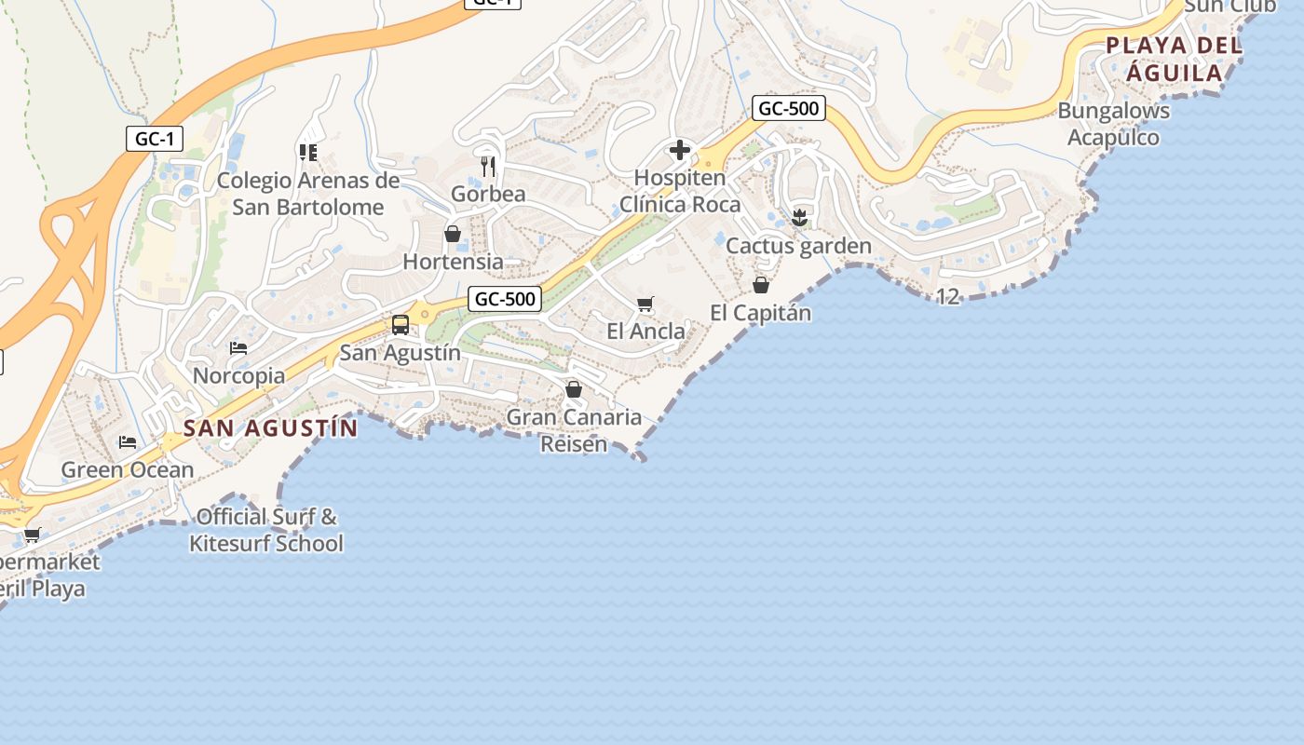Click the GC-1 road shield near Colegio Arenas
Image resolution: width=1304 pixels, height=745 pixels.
click(155, 140)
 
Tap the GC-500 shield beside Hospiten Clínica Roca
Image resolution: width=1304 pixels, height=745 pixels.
click(788, 108)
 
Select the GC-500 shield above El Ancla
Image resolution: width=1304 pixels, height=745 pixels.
click(504, 299)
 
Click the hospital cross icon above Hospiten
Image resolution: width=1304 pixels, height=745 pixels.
click(680, 150)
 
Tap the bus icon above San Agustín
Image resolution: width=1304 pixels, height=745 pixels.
click(401, 325)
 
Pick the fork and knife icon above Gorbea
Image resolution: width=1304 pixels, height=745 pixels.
click(488, 167)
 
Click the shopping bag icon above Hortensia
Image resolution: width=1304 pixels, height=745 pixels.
click(453, 234)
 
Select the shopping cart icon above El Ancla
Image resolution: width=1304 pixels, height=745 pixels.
click(645, 304)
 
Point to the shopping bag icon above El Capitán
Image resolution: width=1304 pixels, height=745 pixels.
click(761, 285)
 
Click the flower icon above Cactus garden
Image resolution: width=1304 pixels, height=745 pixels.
click(799, 219)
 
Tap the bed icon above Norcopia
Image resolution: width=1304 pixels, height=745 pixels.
click(238, 348)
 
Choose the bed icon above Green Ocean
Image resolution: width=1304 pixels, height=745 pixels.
click(128, 441)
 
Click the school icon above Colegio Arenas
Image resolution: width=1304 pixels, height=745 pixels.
click(308, 152)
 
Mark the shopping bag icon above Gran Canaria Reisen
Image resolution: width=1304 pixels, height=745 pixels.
click(574, 389)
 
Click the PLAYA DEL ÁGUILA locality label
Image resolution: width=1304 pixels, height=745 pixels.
click(1174, 59)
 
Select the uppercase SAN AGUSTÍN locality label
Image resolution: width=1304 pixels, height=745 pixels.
click(270, 428)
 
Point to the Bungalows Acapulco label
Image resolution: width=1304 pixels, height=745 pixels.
click(1113, 124)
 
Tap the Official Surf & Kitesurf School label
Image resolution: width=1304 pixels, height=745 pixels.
click(266, 530)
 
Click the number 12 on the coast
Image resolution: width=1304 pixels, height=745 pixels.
click(947, 297)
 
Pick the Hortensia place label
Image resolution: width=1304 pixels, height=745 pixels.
click(453, 262)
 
